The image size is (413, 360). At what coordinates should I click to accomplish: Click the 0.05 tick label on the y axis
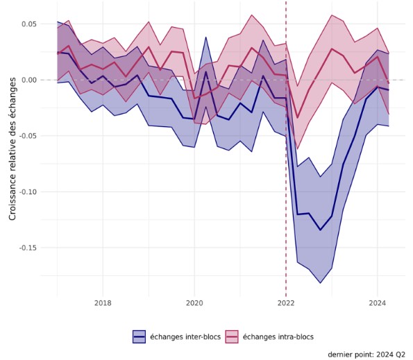29,24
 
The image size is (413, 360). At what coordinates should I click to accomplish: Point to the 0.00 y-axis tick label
29,80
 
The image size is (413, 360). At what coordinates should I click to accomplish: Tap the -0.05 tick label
28,136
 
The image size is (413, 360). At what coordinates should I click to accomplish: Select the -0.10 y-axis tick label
28,191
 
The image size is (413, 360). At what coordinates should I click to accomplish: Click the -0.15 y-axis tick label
28,248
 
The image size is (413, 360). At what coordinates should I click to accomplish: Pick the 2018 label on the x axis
103,303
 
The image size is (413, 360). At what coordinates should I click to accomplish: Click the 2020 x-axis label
194,303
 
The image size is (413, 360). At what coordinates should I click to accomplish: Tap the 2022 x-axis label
286,303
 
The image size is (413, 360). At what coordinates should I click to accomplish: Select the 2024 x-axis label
378,303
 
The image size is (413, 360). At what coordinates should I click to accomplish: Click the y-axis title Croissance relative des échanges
12,148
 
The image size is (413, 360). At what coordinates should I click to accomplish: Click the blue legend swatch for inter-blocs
139,336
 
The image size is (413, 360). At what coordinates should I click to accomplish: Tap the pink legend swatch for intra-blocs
232,336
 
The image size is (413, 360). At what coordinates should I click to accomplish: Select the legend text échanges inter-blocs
185,337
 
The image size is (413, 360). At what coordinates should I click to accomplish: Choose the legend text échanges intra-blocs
278,337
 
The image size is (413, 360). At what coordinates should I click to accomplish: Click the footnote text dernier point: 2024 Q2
366,354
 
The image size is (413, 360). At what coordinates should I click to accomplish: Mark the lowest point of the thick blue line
320,230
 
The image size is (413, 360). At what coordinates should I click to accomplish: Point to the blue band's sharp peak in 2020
206,37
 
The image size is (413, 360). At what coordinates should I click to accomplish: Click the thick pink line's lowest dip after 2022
297,118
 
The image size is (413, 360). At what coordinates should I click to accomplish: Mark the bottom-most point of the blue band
320,283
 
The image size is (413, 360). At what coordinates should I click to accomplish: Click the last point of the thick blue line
389,89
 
